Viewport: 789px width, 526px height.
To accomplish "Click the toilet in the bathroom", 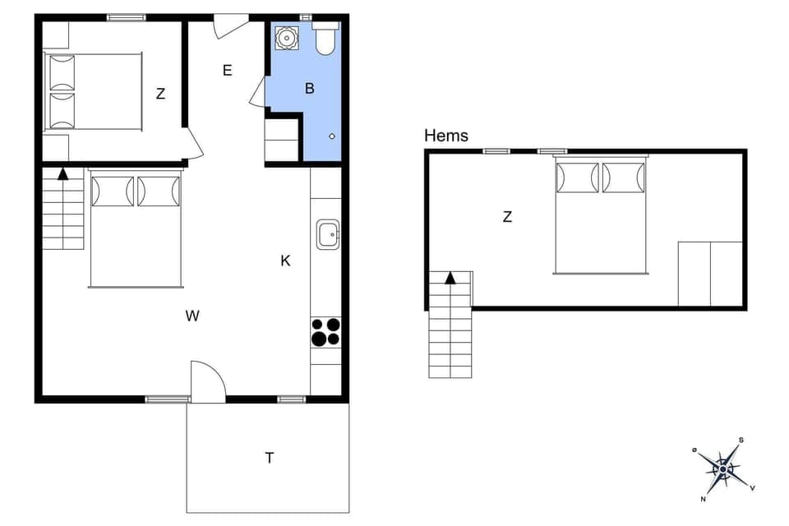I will (x=325, y=39).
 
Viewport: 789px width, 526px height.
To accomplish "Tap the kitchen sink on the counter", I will (x=328, y=235).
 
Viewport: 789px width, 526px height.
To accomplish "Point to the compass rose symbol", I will (x=722, y=469).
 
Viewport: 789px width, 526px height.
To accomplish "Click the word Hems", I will (x=446, y=136).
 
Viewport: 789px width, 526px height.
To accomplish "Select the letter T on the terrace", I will (x=269, y=459).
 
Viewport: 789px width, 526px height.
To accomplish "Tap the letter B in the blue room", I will (x=310, y=89).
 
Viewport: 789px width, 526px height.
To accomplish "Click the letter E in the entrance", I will (x=227, y=71).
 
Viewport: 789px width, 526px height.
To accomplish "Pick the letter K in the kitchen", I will (x=285, y=261).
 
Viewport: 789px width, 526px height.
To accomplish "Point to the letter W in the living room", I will (x=192, y=316).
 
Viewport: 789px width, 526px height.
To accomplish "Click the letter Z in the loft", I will (x=507, y=217).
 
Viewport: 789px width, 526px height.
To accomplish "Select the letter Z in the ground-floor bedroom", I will (x=160, y=94).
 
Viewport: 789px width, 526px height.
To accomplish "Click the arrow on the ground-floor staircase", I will (x=62, y=173).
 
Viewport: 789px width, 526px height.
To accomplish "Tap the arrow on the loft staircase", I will (x=450, y=278).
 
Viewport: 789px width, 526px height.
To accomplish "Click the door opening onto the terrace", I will (x=207, y=382).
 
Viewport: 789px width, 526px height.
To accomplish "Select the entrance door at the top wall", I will (x=230, y=25).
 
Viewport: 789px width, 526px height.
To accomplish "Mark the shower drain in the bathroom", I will (x=332, y=136).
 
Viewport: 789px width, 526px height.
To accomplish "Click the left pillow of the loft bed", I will (x=578, y=178).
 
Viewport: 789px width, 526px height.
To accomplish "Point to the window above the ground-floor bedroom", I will (x=126, y=16).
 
